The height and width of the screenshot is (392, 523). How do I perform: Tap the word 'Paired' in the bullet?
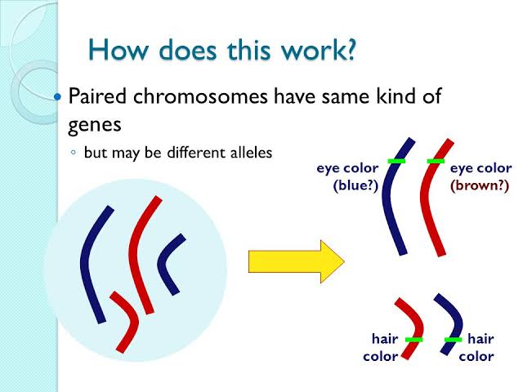click(x=97, y=96)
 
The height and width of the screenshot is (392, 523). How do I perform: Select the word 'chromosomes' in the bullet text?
click(x=200, y=96)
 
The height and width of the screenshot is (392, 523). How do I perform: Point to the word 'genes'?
click(x=95, y=126)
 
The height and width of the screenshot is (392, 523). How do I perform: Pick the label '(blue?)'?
click(x=355, y=185)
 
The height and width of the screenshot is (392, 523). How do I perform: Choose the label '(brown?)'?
click(x=480, y=185)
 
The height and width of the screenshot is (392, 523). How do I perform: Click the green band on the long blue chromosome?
click(x=396, y=162)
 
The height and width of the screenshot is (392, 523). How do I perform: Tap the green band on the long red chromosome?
click(x=436, y=162)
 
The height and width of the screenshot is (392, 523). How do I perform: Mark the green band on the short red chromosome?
click(x=414, y=340)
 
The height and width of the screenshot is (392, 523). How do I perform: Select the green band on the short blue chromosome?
click(x=454, y=340)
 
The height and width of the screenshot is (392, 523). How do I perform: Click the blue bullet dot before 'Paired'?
click(x=57, y=96)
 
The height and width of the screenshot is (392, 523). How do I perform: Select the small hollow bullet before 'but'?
click(x=74, y=153)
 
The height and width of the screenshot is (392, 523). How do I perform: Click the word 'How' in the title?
click(x=118, y=50)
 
